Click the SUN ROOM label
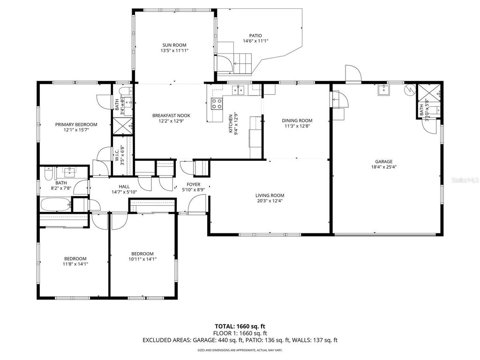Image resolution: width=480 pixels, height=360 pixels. click(174, 45)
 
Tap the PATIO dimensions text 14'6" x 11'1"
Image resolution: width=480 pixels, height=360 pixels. click(255, 41)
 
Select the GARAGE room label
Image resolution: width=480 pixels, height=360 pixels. click(383, 162)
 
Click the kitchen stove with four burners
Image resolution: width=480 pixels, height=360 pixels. click(217, 104)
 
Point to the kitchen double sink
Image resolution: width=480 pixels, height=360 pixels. click(238, 90)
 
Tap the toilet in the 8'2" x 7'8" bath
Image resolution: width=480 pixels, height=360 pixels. click(49, 173)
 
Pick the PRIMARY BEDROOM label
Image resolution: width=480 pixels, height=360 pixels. click(76, 124)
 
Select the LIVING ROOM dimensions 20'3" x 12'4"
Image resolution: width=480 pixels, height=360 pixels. click(270, 201)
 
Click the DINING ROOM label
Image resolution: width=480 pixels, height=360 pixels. click(297, 120)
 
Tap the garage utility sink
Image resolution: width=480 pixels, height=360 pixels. click(383, 90)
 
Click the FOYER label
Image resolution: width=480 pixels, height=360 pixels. click(194, 184)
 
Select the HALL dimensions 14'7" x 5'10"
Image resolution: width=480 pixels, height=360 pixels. click(124, 192)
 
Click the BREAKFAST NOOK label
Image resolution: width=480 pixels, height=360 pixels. click(171, 115)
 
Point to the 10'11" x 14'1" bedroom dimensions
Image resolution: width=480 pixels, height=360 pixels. click(142, 259)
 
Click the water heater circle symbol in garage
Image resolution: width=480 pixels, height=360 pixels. click(410, 90)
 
